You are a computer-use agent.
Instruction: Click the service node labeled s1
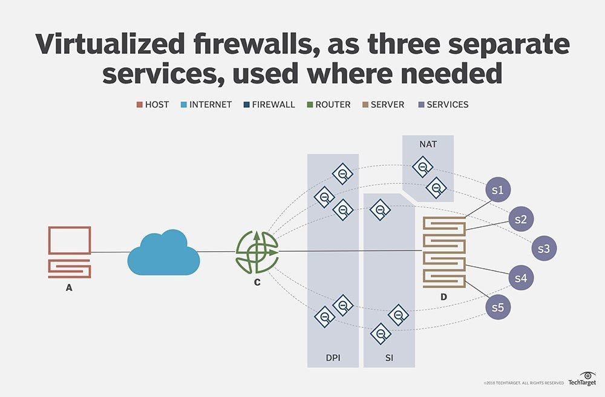pos(499,190)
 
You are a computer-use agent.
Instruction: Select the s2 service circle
pos(521,219)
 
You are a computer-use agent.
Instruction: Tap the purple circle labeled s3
pos(544,248)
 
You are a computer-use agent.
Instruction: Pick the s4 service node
pos(521,278)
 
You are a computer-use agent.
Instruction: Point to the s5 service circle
pos(498,307)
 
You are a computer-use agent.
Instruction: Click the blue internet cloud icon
pos(163,252)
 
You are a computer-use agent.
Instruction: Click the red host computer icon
pos(69,252)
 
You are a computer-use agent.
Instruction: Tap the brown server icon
pos(444,251)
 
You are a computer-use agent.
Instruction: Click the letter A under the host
pos(69,288)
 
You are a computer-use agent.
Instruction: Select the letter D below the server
pos(443,298)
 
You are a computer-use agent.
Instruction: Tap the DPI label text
pos(333,358)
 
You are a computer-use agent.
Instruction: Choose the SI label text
pos(389,358)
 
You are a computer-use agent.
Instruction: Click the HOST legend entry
pos(152,104)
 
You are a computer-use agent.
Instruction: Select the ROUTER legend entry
pos(327,104)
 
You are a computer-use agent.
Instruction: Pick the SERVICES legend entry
pos(443,104)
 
